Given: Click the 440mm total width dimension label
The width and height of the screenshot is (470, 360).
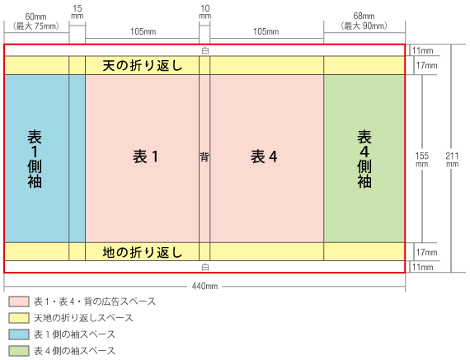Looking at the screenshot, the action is point(204,287).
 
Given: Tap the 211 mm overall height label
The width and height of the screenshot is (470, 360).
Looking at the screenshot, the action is point(452,160).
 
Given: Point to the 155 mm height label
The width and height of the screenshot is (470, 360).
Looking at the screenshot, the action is point(421,160).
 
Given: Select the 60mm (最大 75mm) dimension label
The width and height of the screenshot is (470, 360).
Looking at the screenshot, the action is point(36,21).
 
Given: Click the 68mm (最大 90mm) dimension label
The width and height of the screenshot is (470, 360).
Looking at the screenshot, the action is point(364,21).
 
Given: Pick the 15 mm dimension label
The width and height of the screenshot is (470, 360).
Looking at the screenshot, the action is point(77,12).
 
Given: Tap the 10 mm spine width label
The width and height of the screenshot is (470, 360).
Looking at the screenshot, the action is point(205,12).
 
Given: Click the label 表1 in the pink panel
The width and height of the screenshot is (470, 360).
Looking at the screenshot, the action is point(145,157).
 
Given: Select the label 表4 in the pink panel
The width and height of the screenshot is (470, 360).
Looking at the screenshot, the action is point(264,157).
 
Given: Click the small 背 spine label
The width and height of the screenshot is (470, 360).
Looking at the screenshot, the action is point(204,157).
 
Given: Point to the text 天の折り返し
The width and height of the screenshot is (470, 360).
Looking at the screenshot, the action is point(143,66).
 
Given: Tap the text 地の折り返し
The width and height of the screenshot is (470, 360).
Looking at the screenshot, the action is point(143,252).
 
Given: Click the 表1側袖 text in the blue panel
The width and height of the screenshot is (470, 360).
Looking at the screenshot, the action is point(35,159).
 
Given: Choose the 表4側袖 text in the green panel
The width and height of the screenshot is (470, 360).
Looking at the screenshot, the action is point(364,159).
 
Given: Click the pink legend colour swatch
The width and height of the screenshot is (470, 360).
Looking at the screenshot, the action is point(19,302).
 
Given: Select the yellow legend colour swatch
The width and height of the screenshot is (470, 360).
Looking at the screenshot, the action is point(19,318).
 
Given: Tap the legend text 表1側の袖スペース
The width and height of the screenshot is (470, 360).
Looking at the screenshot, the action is point(74,334).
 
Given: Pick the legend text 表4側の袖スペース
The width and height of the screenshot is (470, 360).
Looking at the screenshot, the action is point(74,351).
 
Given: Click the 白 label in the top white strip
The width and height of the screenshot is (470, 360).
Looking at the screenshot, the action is point(205,50).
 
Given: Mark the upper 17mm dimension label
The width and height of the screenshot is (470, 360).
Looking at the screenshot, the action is point(426,65).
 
